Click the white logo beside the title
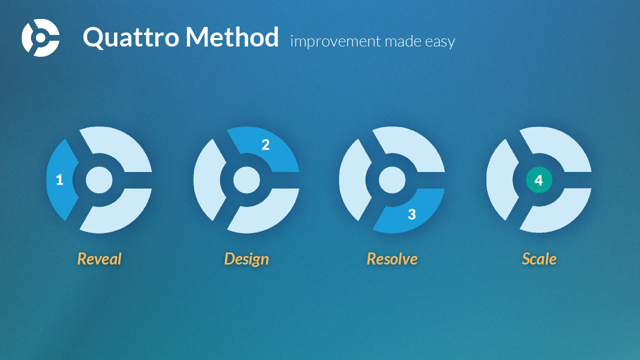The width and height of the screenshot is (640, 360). point(40,37)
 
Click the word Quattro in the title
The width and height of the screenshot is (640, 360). point(131,37)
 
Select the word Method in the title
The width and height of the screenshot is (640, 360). point(232,36)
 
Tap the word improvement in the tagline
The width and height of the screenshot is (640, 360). point(335,41)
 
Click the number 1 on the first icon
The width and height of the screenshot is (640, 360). point(59,179)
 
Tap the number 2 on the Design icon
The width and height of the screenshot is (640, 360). point(265,144)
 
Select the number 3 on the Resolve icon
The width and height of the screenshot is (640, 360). point(411,214)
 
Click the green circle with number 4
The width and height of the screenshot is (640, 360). point(539,180)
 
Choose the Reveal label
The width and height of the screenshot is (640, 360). point(99,259)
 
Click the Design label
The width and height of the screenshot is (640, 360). point(246,259)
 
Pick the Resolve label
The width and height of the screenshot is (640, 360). point(392,259)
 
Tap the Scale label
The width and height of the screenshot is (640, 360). point(539,259)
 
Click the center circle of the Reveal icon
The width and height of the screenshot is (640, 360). point(99,180)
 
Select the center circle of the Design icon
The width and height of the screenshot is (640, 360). point(246,180)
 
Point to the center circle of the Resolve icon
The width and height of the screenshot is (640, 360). point(392,180)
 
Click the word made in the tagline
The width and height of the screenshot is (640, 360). point(403,41)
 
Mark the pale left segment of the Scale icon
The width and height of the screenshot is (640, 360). point(500,180)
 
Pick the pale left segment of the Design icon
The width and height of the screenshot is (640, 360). point(207,180)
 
